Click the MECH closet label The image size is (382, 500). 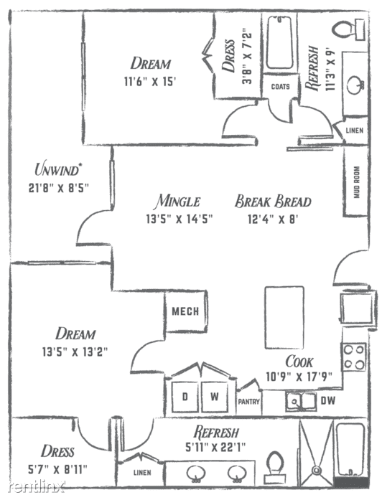tap(185, 311)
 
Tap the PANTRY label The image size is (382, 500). tap(249, 402)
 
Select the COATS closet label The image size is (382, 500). tap(281, 86)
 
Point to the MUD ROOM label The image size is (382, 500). tap(357, 182)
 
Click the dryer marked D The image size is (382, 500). tap(185, 397)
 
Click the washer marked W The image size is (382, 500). tap(215, 397)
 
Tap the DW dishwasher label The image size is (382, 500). tap(327, 400)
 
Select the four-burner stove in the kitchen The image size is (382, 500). tap(354, 357)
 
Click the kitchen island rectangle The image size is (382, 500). tap(284, 317)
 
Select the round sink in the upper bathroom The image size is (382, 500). tap(355, 85)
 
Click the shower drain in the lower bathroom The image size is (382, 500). tap(317, 470)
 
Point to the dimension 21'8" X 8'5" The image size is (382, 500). tap(58, 188)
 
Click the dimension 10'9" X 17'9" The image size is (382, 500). tap(299, 377)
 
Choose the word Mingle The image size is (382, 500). tap(178, 201)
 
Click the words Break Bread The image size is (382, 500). tap(273, 201)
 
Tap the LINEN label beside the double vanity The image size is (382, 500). tap(142, 472)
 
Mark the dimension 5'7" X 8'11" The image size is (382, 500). tap(57, 469)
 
